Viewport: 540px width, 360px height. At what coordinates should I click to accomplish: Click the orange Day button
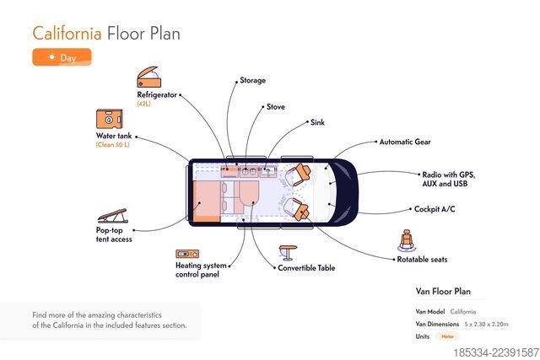[62, 56]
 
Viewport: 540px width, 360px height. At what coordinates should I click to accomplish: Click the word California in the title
[67, 34]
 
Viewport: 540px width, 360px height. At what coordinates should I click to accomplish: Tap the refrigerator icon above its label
[148, 77]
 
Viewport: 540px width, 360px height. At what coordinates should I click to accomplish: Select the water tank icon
[109, 119]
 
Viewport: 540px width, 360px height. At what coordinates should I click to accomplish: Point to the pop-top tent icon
[112, 216]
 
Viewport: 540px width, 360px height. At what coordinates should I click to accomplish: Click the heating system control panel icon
[187, 254]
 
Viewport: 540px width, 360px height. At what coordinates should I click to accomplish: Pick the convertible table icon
[288, 253]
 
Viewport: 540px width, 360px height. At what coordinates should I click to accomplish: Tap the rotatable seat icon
[407, 240]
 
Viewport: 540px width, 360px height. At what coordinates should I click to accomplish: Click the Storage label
[253, 80]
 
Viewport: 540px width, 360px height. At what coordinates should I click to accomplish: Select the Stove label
[276, 107]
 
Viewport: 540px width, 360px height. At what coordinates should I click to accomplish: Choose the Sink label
[317, 122]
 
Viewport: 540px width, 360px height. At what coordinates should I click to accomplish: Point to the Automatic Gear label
[405, 142]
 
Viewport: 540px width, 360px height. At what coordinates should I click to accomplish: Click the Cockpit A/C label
[435, 209]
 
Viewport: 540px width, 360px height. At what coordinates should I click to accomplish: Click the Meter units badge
[448, 336]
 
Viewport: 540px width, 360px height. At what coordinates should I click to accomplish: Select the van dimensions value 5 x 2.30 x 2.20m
[486, 324]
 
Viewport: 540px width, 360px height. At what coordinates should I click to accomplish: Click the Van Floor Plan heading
[443, 291]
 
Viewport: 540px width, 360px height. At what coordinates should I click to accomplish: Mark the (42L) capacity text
[143, 104]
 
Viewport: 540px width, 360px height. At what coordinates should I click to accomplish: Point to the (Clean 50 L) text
[112, 144]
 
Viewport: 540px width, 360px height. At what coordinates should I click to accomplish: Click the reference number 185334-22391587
[496, 352]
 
